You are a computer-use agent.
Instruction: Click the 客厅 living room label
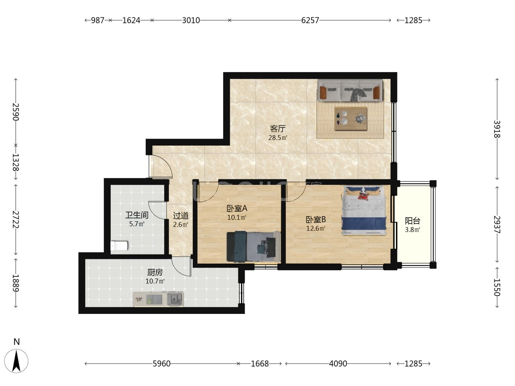tap(278, 128)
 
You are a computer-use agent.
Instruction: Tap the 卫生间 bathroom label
tap(137, 215)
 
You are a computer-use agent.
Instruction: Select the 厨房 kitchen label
tap(155, 272)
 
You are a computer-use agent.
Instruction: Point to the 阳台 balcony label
tap(412, 221)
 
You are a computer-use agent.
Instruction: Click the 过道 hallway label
tap(181, 215)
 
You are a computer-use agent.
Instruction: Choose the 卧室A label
tap(237, 208)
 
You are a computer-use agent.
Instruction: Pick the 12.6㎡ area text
tap(316, 228)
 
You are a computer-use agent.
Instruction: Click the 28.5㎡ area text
tap(278, 137)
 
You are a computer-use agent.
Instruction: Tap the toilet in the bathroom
tap(119, 245)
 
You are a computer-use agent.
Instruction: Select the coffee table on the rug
tap(351, 118)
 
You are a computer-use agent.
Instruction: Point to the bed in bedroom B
tap(363, 210)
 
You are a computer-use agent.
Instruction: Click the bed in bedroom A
tap(253, 246)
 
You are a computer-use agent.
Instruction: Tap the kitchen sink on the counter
tap(175, 299)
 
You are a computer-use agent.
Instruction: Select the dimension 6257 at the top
tap(310, 20)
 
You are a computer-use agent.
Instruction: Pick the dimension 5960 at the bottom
tap(161, 364)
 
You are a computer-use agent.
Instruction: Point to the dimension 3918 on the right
tap(497, 129)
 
